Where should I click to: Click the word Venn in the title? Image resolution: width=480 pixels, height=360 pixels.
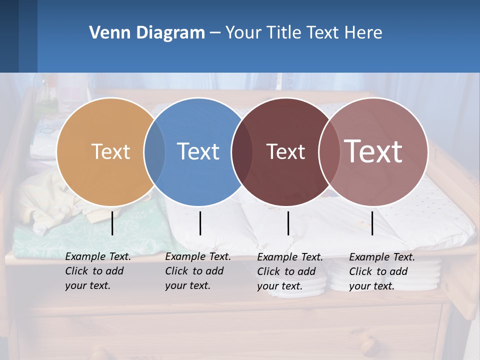[x=105, y=33]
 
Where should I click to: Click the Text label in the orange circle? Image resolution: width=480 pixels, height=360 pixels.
[x=110, y=151]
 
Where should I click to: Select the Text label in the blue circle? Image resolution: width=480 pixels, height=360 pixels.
[x=198, y=151]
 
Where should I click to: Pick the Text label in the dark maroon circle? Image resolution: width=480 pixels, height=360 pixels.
[x=285, y=151]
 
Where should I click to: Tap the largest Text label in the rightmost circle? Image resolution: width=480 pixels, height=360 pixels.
[x=373, y=151]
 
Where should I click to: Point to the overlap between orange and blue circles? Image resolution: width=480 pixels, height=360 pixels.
[x=154, y=151]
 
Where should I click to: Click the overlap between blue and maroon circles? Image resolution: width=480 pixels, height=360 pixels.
[x=242, y=151]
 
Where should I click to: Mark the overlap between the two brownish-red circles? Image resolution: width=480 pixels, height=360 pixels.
[x=329, y=151]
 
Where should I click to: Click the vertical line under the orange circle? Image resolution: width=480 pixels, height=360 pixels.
[x=112, y=223]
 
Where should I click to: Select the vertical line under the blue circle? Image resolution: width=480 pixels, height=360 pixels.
[x=200, y=223]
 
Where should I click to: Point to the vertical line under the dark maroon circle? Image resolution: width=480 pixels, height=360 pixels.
[x=288, y=223]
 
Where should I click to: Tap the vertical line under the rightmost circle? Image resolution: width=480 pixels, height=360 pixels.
[x=372, y=223]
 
